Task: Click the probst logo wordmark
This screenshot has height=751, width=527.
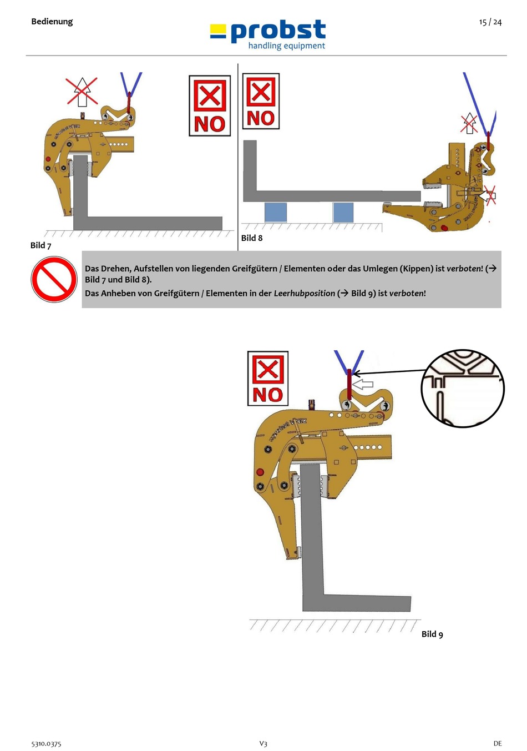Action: pyautogui.click(x=278, y=31)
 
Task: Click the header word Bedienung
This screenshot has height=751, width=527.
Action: pyautogui.click(x=52, y=22)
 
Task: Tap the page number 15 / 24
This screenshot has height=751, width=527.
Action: pyautogui.click(x=490, y=22)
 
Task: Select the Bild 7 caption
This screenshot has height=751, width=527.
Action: pyautogui.click(x=40, y=245)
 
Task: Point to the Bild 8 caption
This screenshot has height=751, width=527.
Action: pyautogui.click(x=252, y=238)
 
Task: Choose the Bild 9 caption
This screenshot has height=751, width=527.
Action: pyautogui.click(x=432, y=634)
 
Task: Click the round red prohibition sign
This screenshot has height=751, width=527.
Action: pyautogui.click(x=54, y=279)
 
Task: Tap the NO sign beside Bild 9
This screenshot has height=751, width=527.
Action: pyautogui.click(x=268, y=378)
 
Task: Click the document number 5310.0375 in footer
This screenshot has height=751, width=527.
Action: pyautogui.click(x=46, y=743)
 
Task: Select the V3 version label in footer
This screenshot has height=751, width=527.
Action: pyautogui.click(x=263, y=743)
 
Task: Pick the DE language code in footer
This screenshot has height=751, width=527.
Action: pyautogui.click(x=498, y=743)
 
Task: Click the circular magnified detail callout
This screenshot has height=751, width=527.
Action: pyautogui.click(x=463, y=388)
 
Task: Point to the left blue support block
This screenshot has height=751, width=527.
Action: pyautogui.click(x=276, y=213)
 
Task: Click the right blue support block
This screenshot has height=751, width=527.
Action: pyautogui.click(x=343, y=213)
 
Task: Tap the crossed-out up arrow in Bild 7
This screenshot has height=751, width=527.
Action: pyautogui.click(x=82, y=92)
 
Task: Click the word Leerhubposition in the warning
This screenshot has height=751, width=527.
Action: pyautogui.click(x=304, y=293)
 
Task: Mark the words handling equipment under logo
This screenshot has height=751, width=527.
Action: pyautogui.click(x=286, y=46)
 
